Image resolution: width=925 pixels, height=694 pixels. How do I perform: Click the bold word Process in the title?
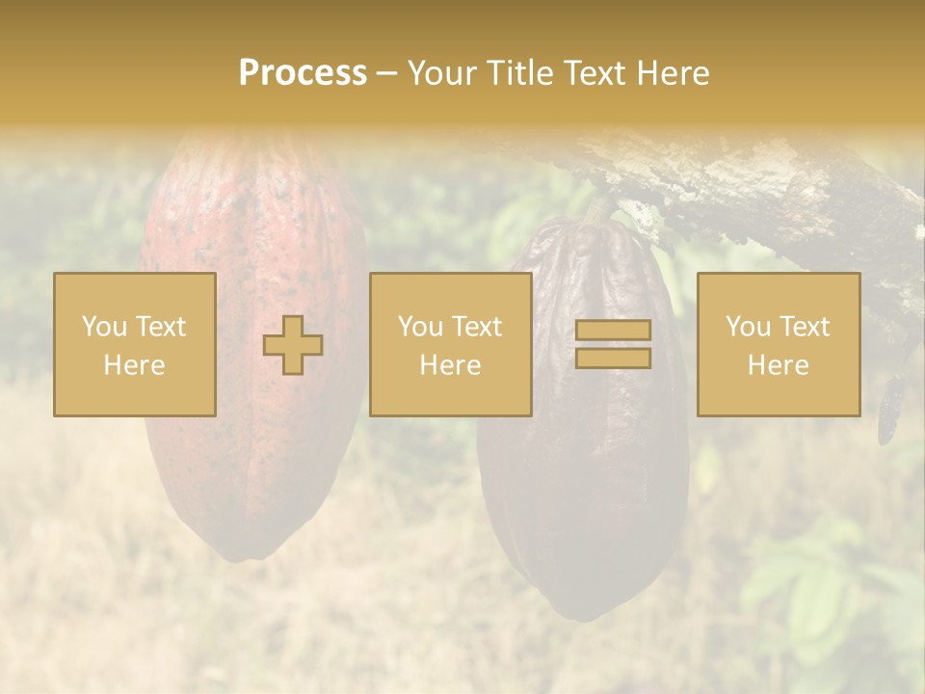click(303, 73)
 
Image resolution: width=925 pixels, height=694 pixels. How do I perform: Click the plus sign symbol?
click(293, 345)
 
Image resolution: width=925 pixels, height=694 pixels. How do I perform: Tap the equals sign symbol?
click(613, 344)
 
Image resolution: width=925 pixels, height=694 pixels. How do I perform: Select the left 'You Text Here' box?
click(135, 344)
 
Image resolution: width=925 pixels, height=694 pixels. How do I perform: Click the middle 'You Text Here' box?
click(450, 344)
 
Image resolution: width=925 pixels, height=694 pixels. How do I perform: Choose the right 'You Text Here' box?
click(779, 344)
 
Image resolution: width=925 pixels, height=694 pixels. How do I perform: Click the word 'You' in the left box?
click(102, 327)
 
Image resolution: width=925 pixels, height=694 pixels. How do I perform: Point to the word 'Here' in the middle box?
click(450, 365)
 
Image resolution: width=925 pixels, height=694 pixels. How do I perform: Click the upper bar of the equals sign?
click(613, 331)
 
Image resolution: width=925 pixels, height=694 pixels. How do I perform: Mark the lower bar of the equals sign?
click(613, 359)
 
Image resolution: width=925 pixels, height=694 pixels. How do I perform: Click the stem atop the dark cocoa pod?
click(599, 207)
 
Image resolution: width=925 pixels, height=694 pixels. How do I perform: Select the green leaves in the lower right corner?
click(819, 598)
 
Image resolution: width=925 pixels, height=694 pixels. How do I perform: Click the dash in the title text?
click(387, 73)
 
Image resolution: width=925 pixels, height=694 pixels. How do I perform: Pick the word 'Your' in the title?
click(444, 73)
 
